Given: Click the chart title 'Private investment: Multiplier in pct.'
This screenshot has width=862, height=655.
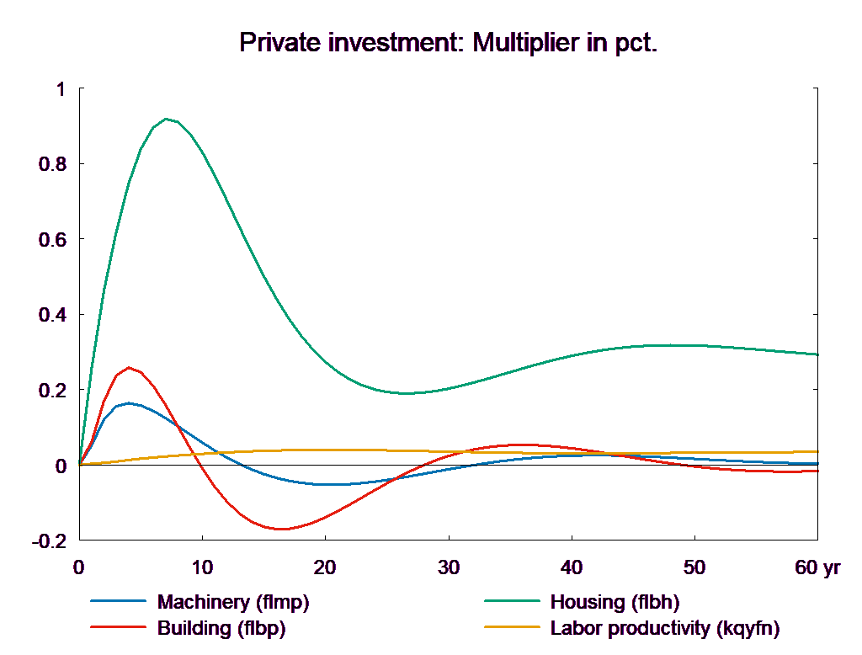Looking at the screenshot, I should click(448, 42).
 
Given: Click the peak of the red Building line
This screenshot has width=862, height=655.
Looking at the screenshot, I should click(129, 367).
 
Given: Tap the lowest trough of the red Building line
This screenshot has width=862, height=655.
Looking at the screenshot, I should click(281, 529).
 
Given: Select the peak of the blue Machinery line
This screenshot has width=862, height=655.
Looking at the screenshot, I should click(129, 403).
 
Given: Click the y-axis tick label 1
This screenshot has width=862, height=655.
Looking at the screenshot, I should click(59, 88).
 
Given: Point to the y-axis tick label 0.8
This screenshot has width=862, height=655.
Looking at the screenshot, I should click(51, 163).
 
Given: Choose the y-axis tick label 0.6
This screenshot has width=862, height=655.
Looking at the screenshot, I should click(51, 239).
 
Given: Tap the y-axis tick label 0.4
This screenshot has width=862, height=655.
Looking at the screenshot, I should click(51, 314).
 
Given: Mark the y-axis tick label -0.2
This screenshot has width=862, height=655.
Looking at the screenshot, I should click(49, 541).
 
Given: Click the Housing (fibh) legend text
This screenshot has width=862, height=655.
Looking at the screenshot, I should click(615, 602).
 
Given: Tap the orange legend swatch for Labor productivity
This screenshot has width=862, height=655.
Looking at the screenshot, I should click(511, 628).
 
